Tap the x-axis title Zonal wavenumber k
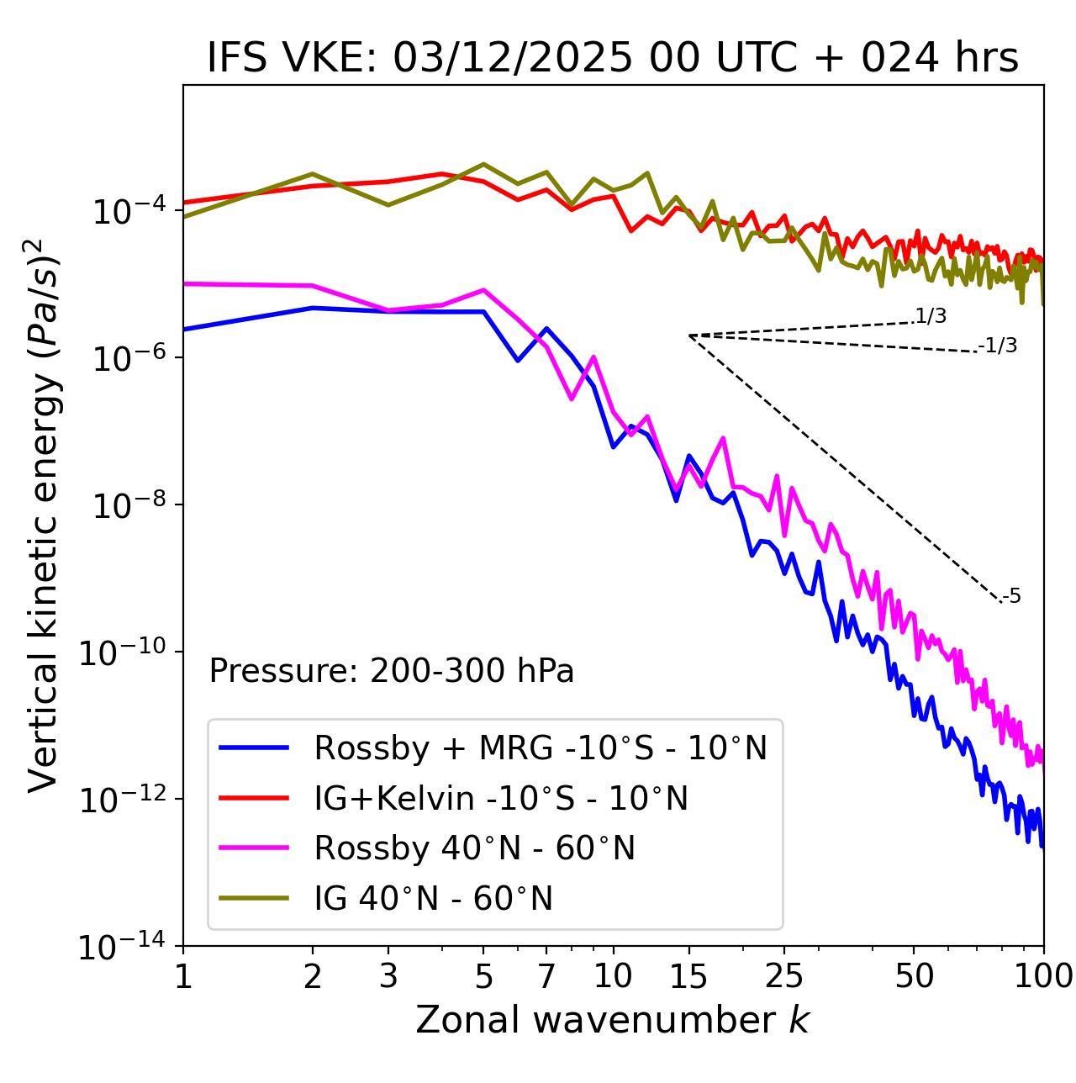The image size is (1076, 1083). click(x=612, y=1019)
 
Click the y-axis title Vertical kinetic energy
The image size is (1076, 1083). click(x=44, y=515)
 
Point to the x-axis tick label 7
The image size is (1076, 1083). click(x=546, y=975)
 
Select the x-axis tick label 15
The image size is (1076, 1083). click(x=688, y=975)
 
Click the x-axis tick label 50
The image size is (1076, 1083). click(x=914, y=975)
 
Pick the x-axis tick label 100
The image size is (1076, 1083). click(x=1043, y=975)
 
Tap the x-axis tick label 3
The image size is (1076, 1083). click(x=388, y=975)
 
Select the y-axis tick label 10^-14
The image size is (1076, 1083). click(x=120, y=946)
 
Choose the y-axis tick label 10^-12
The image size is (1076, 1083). click(x=120, y=799)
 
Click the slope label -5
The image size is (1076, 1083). click(x=1012, y=596)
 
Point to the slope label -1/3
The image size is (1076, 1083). click(x=999, y=345)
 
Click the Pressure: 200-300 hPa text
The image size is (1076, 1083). click(x=392, y=671)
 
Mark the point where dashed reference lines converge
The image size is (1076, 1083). click(x=689, y=335)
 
